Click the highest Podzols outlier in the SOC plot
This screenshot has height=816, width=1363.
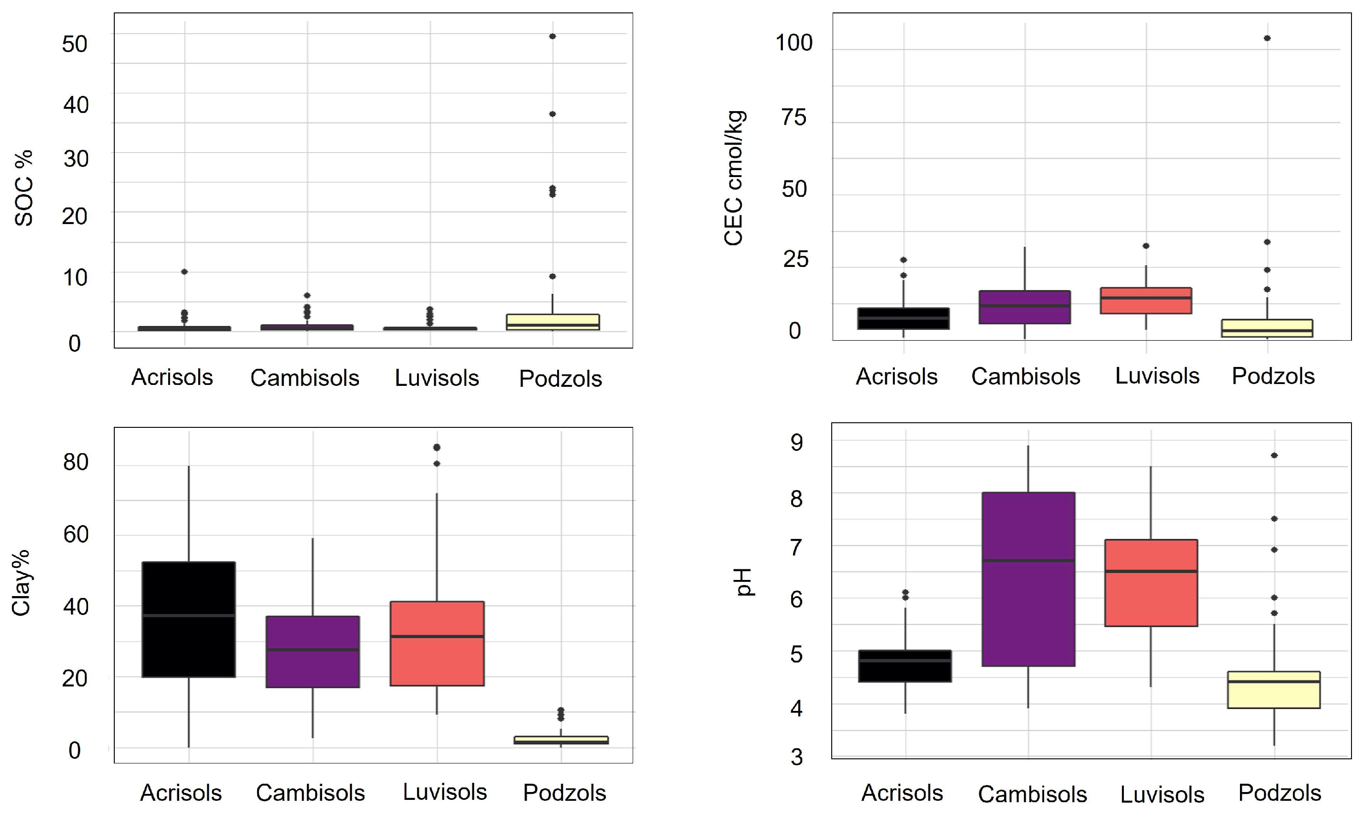coord(552,36)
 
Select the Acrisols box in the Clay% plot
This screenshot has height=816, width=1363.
coord(188,619)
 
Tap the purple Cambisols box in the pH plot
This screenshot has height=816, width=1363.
coord(1028,579)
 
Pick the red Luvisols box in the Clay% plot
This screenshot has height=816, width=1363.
coord(437,643)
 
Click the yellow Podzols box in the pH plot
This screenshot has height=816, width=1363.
coord(1274,690)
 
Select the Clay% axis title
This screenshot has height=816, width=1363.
coord(22,583)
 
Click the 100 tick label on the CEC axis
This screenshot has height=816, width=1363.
coord(793,43)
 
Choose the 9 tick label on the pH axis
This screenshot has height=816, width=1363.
coord(796,443)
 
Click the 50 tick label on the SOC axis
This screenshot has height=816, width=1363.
coord(75,44)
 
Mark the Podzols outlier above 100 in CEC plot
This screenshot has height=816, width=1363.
coord(1267,38)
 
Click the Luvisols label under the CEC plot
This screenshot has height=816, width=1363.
coord(1157,376)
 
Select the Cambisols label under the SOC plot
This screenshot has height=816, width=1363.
coord(305,378)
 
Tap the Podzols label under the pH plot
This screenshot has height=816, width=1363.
coord(1280,793)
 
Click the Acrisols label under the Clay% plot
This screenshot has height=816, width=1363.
coord(181,793)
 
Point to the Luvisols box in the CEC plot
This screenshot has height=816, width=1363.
coord(1146,300)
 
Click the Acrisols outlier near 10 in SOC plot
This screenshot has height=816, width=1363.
coord(185,272)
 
